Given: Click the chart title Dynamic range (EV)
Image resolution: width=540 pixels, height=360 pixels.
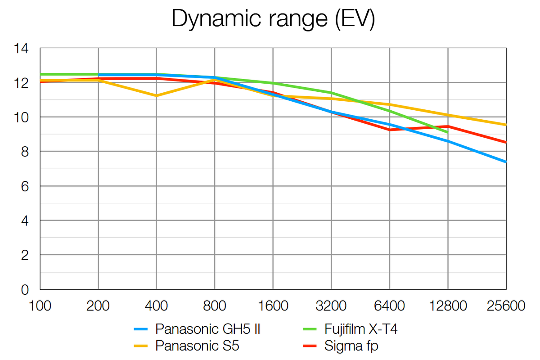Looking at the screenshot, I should (273, 20).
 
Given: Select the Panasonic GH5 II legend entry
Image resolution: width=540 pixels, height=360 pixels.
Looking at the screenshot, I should (208, 329).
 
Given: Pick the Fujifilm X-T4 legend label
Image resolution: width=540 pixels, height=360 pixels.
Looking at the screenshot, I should (361, 329).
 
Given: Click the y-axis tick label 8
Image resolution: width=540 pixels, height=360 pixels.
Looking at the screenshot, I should (25, 152).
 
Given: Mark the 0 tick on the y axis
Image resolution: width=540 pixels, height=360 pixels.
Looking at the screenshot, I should (25, 290).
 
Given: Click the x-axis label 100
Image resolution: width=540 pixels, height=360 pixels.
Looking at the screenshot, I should (40, 306).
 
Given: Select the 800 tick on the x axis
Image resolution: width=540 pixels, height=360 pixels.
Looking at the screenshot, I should (214, 306).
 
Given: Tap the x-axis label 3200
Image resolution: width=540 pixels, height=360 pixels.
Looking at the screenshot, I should (331, 306).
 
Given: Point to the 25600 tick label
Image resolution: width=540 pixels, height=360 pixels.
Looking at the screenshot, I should (506, 306).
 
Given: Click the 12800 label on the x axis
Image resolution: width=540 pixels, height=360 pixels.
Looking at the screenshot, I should (448, 306).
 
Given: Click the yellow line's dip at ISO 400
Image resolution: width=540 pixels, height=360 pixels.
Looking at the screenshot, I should (156, 95).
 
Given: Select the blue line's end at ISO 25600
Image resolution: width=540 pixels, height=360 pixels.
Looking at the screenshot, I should (506, 162).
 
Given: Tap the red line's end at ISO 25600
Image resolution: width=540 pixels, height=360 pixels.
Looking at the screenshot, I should (506, 142).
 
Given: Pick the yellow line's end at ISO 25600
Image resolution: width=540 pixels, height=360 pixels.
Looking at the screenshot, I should (506, 125).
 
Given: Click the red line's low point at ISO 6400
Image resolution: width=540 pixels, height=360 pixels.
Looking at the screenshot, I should (390, 130).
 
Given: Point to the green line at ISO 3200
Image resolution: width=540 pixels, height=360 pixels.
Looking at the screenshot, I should (331, 93).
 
